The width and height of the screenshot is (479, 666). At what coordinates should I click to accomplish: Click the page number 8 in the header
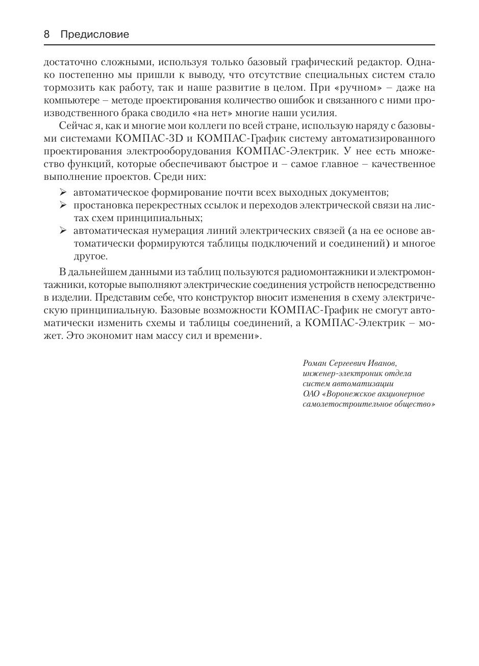coord(47,35)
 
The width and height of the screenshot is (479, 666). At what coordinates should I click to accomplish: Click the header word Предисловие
coord(95,35)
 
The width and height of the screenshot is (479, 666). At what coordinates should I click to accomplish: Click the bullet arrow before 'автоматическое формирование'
coord(63,192)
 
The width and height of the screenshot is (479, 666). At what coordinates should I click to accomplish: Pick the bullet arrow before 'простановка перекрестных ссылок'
coord(63,205)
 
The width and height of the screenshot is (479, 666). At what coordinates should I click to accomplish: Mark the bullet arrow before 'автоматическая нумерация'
coord(63,230)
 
